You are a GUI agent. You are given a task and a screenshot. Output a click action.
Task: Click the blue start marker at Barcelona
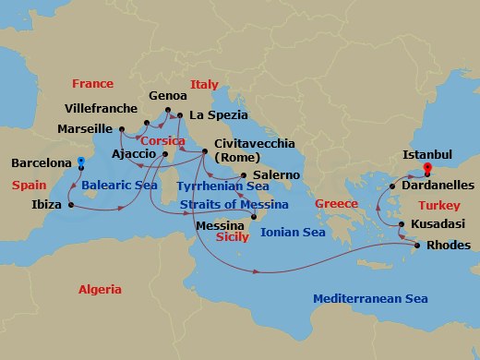pos(80,162)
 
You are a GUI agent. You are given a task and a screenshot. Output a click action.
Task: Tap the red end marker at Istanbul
pos(427,169)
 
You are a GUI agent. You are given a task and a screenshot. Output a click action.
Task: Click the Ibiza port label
pos(42,205)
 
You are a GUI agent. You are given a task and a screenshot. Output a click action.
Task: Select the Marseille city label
pos(84,129)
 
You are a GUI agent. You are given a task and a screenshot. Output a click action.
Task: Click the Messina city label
pos(221,224)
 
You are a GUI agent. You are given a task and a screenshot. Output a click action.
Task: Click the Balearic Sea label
pos(118,186)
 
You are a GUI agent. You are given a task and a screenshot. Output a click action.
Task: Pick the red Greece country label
pos(336,204)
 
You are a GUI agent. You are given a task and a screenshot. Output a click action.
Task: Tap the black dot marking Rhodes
pos(416,246)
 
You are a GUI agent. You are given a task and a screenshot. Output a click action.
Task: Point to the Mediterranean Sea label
pos(370,299)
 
